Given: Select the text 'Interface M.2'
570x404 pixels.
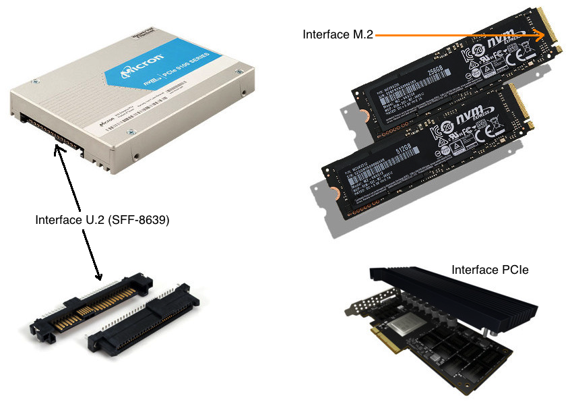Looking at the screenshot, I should point(338,34).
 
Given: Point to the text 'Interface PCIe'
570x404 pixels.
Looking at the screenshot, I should point(490,270).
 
